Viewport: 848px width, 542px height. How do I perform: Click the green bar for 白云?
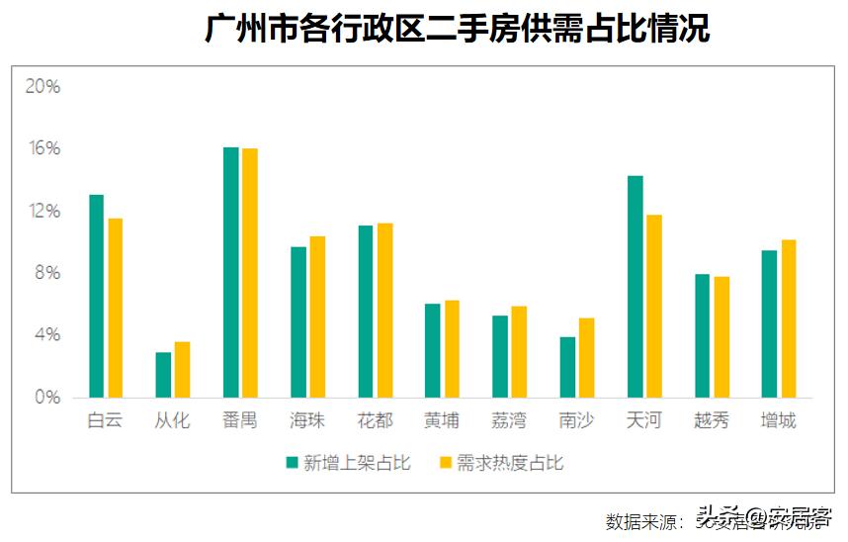click(96, 297)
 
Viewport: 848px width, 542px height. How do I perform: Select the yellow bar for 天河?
click(653, 307)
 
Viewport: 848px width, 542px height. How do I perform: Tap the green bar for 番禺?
click(230, 273)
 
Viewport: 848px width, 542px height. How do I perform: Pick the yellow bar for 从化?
click(182, 370)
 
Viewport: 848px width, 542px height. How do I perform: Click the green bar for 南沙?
click(566, 367)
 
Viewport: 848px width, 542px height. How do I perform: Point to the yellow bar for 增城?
click(788, 318)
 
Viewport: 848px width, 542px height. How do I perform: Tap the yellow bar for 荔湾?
click(519, 352)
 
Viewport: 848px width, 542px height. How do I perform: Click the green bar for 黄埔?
click(432, 351)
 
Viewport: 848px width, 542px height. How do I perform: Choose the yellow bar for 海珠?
click(317, 316)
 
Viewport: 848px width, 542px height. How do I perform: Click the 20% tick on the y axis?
click(42, 86)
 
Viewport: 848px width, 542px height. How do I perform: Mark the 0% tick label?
click(47, 398)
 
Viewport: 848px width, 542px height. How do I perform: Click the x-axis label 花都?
click(375, 421)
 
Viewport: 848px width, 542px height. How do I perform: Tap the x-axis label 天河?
click(643, 421)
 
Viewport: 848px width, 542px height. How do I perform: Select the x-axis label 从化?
click(172, 421)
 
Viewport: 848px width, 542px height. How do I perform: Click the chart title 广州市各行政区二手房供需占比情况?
click(457, 29)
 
